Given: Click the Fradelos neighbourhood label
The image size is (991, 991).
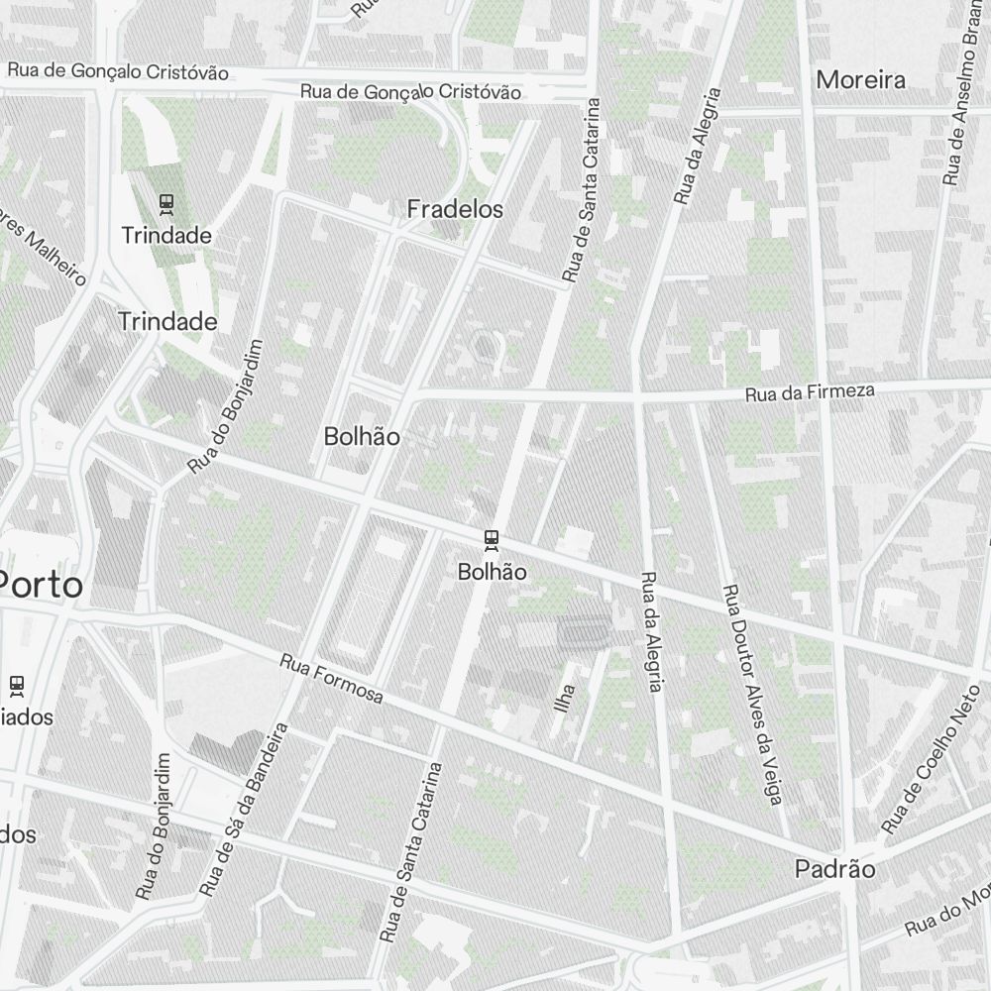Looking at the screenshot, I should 455,209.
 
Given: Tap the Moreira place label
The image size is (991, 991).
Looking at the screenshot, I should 860,80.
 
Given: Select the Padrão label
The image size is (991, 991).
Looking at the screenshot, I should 835,869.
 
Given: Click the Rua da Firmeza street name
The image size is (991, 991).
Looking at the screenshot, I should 810,393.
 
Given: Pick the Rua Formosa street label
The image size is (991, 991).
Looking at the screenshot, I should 331,679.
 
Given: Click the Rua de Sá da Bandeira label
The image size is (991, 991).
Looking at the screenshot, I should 244,809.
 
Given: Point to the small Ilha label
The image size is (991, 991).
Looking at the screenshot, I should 566,698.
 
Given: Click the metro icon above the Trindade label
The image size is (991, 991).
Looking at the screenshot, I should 166,205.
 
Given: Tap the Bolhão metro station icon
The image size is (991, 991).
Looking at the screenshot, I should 492,540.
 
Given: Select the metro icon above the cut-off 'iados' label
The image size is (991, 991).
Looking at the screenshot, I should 16,684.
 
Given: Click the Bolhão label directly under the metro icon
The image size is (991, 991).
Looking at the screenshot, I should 492,572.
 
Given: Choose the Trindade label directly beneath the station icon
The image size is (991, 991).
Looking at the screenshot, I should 166,236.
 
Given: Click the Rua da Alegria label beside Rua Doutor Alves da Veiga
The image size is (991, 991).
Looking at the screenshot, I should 651,632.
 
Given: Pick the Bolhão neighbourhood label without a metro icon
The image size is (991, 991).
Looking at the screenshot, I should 362,436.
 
